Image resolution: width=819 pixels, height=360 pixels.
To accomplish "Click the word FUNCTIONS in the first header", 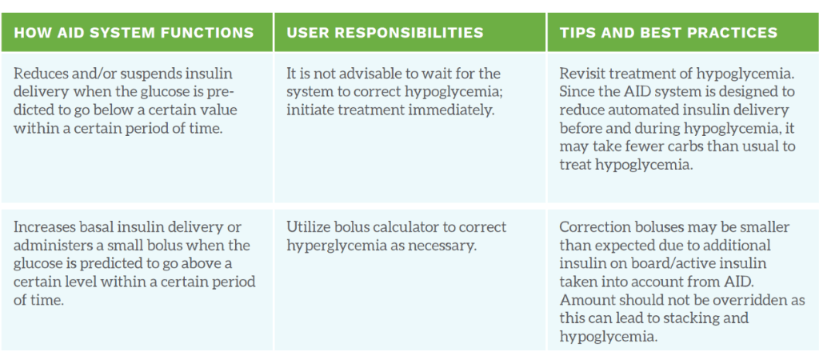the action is (210, 33).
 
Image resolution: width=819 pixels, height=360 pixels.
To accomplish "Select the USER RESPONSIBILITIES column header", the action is (385, 33).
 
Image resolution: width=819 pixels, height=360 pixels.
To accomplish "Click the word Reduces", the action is (35, 74).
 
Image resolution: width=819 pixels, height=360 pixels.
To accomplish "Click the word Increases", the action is (42, 227).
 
